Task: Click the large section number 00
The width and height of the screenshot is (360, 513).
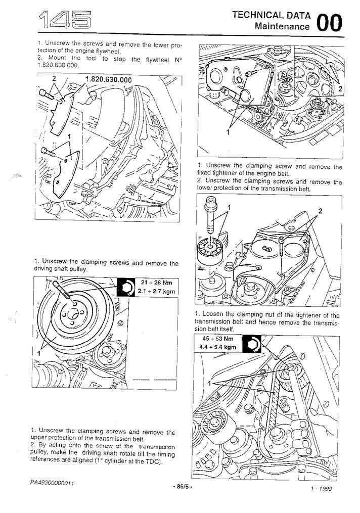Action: (x=329, y=23)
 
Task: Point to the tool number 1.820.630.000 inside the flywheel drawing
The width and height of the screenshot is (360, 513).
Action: (x=108, y=79)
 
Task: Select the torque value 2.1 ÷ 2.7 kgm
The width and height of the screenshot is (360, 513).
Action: (x=155, y=291)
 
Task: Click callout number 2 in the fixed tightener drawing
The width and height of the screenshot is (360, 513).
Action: (x=320, y=210)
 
